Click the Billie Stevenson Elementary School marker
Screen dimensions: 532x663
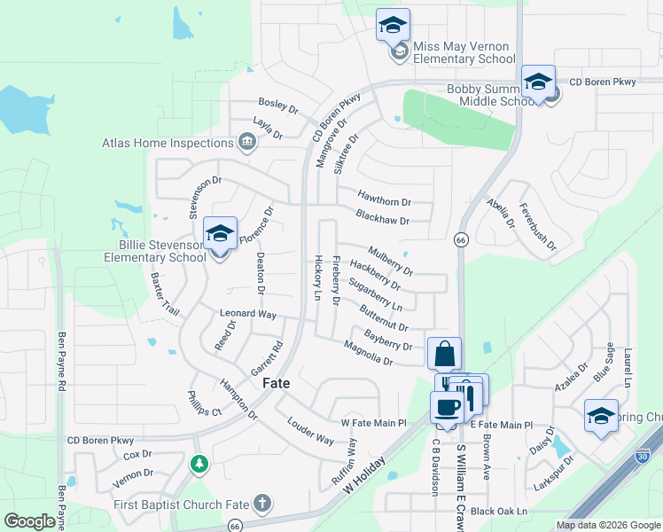[220, 235]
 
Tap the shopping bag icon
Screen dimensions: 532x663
[444, 353]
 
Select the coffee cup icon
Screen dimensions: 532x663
[446, 407]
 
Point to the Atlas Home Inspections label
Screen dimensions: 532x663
[168, 142]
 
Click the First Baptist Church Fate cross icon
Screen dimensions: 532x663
[261, 504]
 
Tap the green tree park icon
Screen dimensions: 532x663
[200, 463]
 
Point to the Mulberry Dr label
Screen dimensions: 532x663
[390, 260]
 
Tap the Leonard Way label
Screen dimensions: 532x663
[248, 314]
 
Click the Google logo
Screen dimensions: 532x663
[30, 520]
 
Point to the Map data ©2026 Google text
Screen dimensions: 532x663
[607, 525]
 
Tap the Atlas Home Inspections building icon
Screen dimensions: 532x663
[247, 142]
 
